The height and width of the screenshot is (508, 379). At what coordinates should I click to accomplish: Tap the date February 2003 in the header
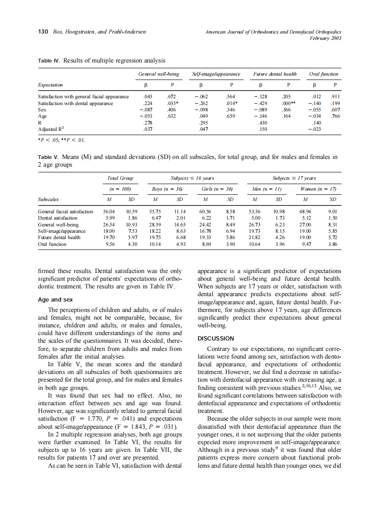pyautogui.click(x=325, y=38)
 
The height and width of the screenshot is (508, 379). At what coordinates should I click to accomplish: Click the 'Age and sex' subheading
pyautogui.click(x=56, y=299)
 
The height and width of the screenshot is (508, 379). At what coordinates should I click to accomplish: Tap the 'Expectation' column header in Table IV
pyautogui.click(x=51, y=85)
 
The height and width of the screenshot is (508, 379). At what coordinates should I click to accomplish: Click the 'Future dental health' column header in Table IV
pyautogui.click(x=275, y=74)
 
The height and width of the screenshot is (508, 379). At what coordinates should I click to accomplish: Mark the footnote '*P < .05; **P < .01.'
pyautogui.click(x=62, y=139)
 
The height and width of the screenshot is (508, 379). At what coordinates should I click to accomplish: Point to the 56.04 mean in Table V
pyautogui.click(x=109, y=211)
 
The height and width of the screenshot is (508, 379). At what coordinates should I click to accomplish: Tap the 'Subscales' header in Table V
pyautogui.click(x=48, y=199)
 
